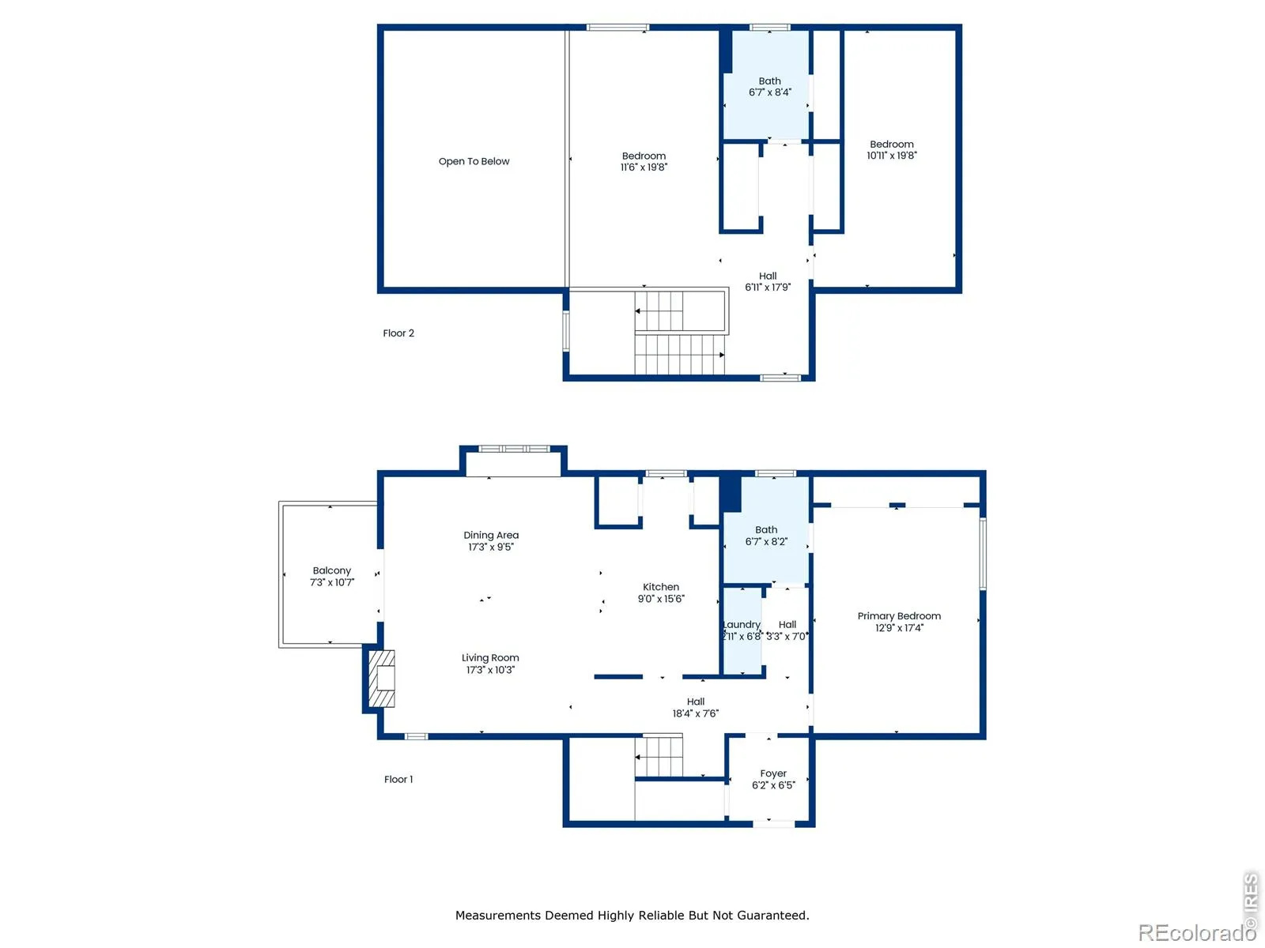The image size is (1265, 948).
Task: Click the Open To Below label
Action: pyautogui.click(x=474, y=161)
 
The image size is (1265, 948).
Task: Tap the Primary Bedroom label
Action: pyautogui.click(x=898, y=616)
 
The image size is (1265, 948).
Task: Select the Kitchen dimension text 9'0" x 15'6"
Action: pyautogui.click(x=660, y=599)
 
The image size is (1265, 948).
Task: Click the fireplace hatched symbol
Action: pyautogui.click(x=382, y=678)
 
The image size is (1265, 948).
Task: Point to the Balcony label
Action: pyautogui.click(x=331, y=570)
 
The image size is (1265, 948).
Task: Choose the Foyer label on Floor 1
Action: pyautogui.click(x=772, y=773)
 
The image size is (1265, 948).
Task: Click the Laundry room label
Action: pyautogui.click(x=742, y=625)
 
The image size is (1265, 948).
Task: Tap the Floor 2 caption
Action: pyautogui.click(x=398, y=333)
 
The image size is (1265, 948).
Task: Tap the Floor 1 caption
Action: pyautogui.click(x=398, y=780)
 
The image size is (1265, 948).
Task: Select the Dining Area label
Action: pyautogui.click(x=491, y=536)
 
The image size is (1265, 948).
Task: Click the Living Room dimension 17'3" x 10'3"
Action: pyautogui.click(x=490, y=669)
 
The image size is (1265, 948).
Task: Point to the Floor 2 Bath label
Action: pyautogui.click(x=769, y=81)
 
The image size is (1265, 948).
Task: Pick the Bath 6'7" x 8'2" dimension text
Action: pyautogui.click(x=766, y=542)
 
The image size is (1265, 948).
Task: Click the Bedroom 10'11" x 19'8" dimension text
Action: pyautogui.click(x=892, y=156)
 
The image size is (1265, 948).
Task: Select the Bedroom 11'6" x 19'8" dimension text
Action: pyautogui.click(x=644, y=167)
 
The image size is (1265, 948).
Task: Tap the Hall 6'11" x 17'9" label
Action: pyautogui.click(x=768, y=281)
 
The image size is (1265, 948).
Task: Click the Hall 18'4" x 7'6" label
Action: pyautogui.click(x=696, y=707)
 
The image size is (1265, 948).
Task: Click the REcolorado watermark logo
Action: pyautogui.click(x=1197, y=932)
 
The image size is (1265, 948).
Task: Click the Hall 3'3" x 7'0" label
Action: pyautogui.click(x=787, y=630)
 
